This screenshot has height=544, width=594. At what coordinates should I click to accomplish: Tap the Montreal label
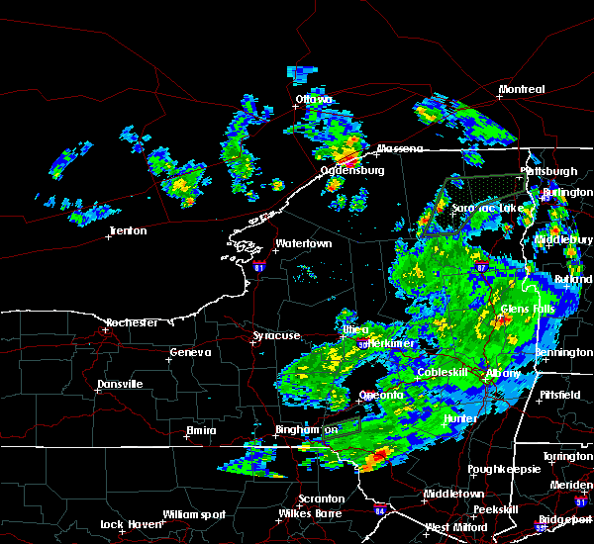522,90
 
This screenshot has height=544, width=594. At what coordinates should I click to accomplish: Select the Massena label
400,149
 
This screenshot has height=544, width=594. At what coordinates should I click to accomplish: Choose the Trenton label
128,231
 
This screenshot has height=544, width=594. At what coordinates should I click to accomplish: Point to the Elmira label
202,431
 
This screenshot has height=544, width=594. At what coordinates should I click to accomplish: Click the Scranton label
323,499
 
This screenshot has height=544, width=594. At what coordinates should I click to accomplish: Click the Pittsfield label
560,394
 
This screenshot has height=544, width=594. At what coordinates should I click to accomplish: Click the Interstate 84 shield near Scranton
381,511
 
